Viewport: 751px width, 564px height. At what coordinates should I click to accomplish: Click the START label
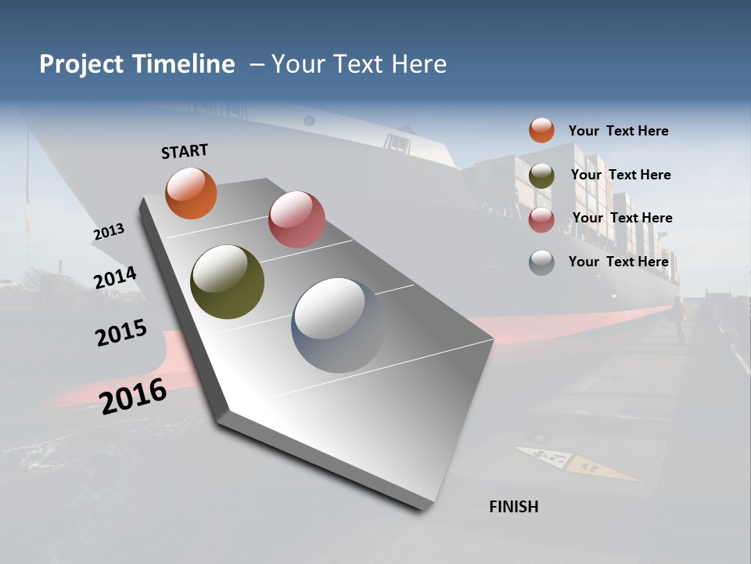(185, 151)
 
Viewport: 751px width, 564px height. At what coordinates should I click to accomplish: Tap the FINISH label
(513, 507)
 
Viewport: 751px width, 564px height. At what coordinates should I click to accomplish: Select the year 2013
(109, 232)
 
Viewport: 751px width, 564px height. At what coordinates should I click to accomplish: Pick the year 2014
(115, 277)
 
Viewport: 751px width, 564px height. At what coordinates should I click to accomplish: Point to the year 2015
(121, 332)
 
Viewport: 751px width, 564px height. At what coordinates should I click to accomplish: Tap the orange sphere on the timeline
(191, 193)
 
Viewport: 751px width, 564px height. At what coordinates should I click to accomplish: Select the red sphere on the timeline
(296, 219)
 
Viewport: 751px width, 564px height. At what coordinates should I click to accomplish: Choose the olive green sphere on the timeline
(227, 282)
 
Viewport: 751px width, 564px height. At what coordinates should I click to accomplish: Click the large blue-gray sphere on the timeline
(338, 324)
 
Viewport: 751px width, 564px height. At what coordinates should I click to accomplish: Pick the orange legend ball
(541, 130)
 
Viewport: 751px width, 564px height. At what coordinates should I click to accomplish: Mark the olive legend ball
(541, 175)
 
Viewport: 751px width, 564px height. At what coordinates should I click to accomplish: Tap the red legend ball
(541, 219)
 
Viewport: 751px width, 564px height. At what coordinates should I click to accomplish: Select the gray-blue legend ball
(541, 262)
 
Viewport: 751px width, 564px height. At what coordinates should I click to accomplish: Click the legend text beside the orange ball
(618, 131)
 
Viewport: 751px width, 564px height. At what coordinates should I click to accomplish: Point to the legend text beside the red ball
(622, 218)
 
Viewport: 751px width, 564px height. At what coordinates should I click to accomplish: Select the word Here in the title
(419, 64)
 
